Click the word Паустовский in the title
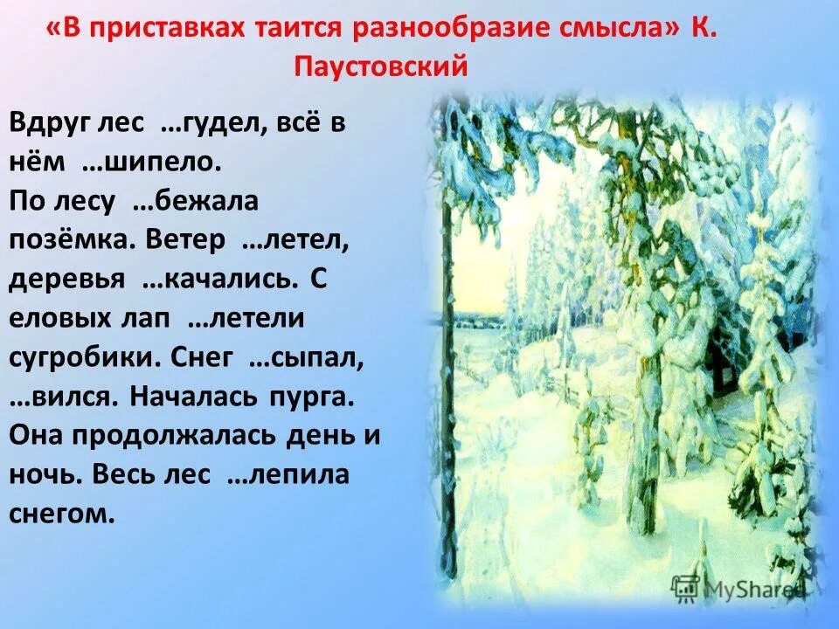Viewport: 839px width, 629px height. (381, 66)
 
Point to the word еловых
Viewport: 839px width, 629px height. (65, 319)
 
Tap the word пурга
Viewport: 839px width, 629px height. (311, 397)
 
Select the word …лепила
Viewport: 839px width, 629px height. (288, 475)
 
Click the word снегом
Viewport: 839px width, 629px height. (62, 514)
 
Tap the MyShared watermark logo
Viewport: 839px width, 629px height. (738, 587)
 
